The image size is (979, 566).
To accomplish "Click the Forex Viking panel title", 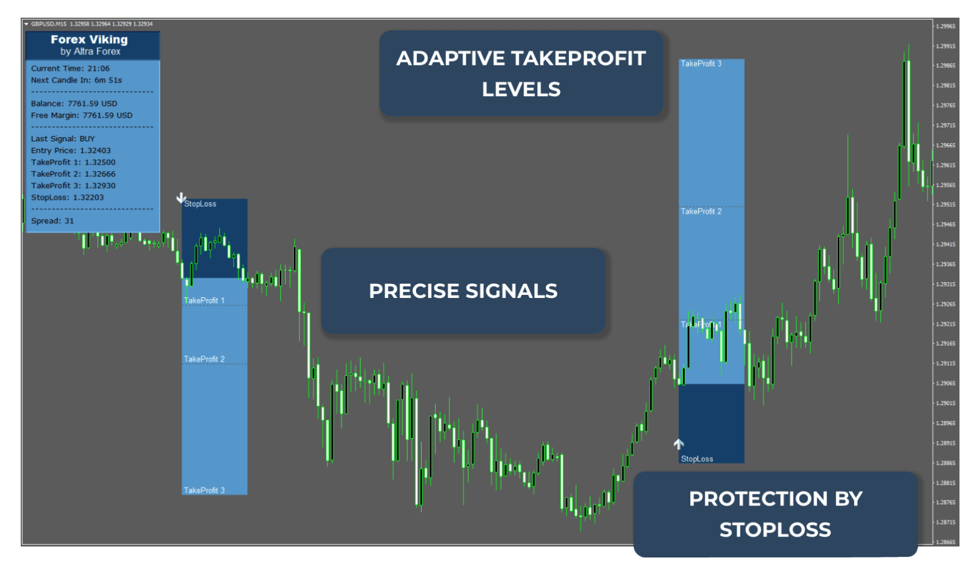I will (x=89, y=40).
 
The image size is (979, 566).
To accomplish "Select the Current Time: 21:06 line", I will (x=70, y=69).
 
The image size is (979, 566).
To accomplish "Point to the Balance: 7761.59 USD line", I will (x=74, y=103).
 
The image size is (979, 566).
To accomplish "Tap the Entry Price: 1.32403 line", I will (x=71, y=151).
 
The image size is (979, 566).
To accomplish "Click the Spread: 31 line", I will (x=53, y=221).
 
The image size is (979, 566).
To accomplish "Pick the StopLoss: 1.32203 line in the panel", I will (x=67, y=198).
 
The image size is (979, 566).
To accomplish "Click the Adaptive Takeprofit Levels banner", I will (x=521, y=73).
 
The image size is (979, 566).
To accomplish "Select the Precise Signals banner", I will (x=463, y=291).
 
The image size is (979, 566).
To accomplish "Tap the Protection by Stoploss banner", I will (x=775, y=514).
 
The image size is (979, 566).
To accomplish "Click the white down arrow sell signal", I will (x=181, y=198).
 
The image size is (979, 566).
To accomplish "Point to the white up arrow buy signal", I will (x=679, y=444).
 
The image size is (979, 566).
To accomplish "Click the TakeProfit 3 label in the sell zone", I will (x=204, y=490).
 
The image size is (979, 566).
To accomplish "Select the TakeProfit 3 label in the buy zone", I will (x=701, y=64).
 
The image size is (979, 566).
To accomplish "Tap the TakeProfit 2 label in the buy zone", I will (x=701, y=211).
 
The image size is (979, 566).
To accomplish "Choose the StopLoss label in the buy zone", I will (x=697, y=459).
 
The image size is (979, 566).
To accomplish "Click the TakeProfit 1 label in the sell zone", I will (x=204, y=300).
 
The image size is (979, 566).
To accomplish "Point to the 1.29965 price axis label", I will (x=945, y=26).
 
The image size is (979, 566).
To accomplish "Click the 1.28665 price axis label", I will (x=945, y=542).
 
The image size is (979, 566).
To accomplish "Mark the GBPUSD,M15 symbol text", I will (x=49, y=24).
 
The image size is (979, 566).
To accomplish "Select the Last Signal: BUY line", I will (x=63, y=139).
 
